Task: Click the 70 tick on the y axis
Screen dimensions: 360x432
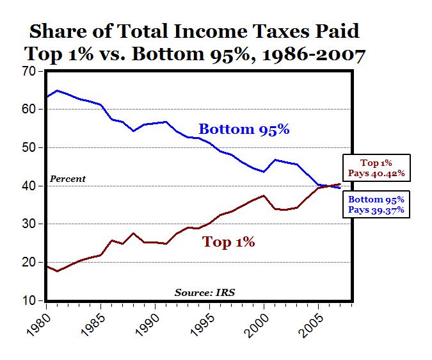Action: tap(30, 71)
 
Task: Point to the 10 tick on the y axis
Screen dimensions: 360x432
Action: tap(30, 300)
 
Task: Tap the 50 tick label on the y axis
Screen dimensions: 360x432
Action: tap(30, 147)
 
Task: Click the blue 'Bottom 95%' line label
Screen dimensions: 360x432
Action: tap(244, 129)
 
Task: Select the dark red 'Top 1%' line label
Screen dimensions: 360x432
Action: tap(228, 242)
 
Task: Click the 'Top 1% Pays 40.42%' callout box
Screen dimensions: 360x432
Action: tap(376, 168)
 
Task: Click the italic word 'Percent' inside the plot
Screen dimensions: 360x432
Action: tap(68, 179)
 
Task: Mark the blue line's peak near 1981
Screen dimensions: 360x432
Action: tap(58, 90)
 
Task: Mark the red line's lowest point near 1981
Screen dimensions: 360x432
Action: tap(58, 271)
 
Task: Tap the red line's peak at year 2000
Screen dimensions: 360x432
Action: tap(263, 195)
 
